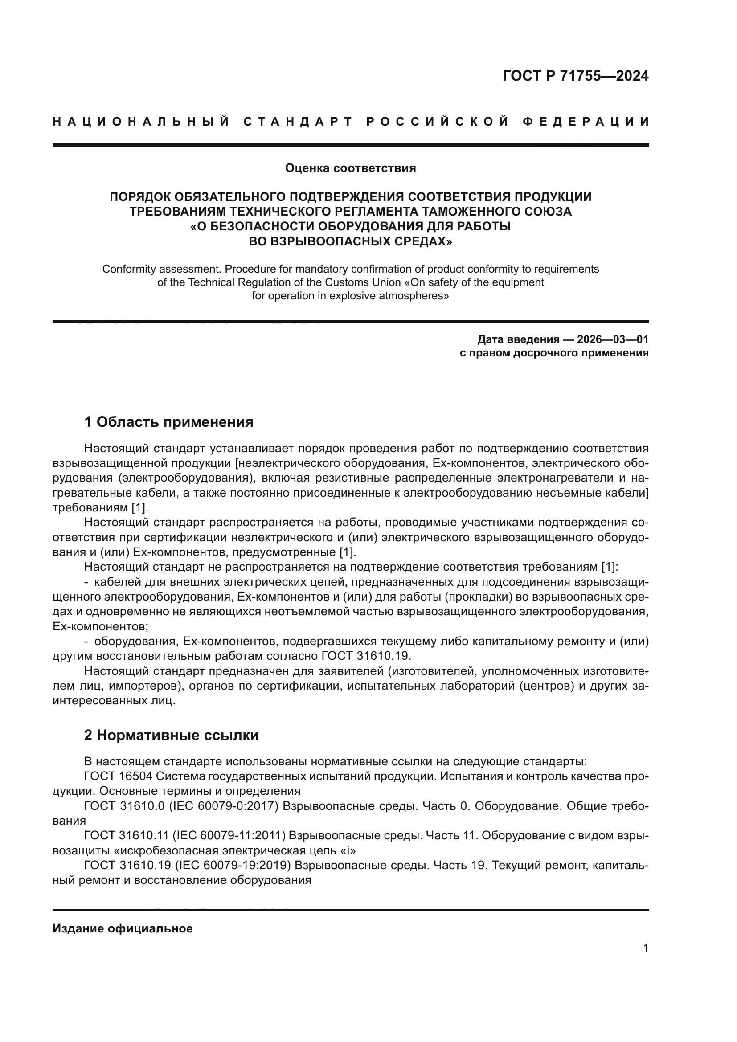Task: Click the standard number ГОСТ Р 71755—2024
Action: (x=575, y=76)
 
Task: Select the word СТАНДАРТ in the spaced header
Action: (x=298, y=122)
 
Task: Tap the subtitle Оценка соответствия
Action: (x=350, y=168)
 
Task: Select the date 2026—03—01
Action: (x=612, y=339)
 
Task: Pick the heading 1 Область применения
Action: (x=168, y=422)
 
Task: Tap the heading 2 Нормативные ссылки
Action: (x=171, y=735)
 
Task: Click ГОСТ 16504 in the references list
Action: (x=118, y=776)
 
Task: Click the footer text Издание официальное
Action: (x=123, y=928)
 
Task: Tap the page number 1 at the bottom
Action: (x=645, y=948)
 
